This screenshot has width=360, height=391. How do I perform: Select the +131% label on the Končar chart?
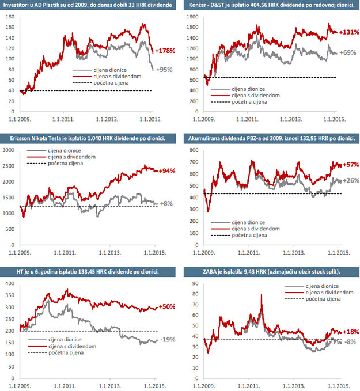coord(348,32)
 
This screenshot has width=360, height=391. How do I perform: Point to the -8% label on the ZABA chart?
coord(350,341)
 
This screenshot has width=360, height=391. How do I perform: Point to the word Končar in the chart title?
coord(201,5)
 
